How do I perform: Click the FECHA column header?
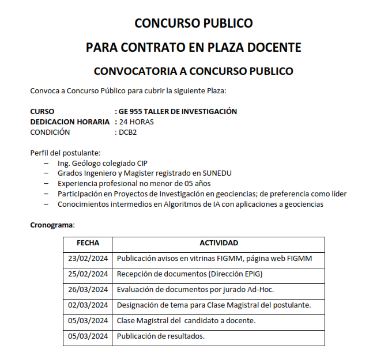tap(88, 243)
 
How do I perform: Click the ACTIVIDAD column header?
tap(218, 243)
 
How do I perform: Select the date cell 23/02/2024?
tap(88, 259)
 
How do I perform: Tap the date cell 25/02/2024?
tap(88, 274)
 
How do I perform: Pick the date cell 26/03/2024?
tap(88, 290)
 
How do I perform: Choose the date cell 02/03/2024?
tap(88, 305)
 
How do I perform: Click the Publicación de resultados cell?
tap(161, 336)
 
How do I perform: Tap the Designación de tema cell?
tap(214, 305)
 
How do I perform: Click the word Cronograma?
tap(52, 225)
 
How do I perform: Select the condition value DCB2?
tap(127, 132)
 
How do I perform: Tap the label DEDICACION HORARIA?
tap(69, 122)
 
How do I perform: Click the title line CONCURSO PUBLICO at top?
tap(193, 24)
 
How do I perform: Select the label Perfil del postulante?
tap(65, 153)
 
